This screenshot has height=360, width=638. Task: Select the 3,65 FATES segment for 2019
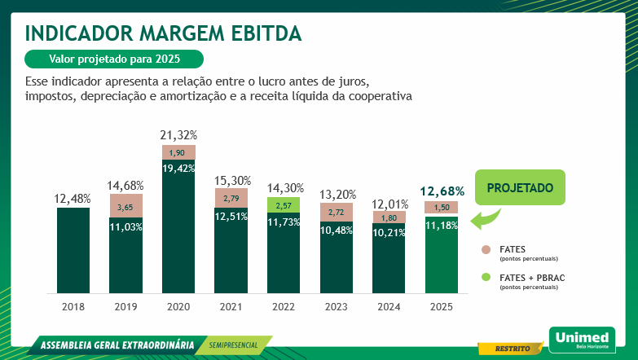coord(126,207)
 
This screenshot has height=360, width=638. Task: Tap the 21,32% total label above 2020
coord(178,134)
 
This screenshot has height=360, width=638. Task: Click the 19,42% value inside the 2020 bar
coord(178,168)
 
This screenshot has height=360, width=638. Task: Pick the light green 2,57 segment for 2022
coord(284,205)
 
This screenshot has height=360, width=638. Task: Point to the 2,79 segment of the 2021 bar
coord(231,198)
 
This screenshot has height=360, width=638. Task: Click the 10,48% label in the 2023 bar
coord(337,230)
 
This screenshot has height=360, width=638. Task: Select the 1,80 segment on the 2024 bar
coord(389,217)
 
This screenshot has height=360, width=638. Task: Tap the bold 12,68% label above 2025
coord(442,191)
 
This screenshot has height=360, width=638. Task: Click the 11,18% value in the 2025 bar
coord(442,225)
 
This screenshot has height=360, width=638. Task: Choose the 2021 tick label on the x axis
coord(231,307)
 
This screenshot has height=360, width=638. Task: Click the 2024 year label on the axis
coord(389,307)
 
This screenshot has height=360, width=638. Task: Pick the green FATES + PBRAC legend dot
coord(486,278)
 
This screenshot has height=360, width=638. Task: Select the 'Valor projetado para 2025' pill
coord(114,59)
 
